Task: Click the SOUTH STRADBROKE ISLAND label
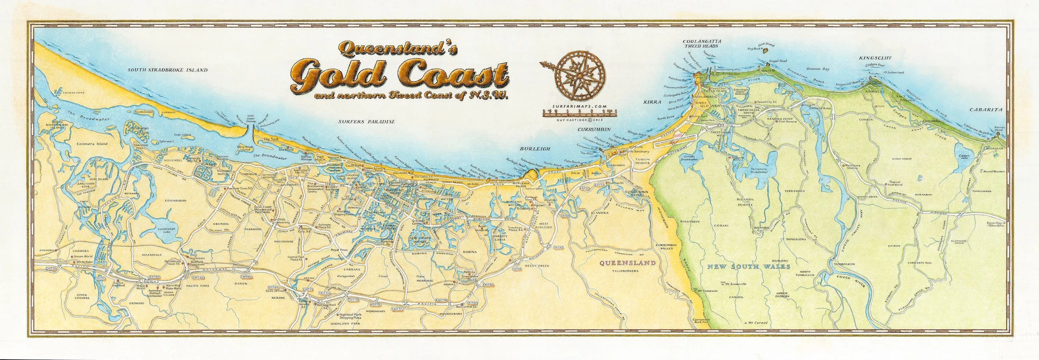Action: (x=167, y=70)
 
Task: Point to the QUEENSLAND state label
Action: (x=628, y=263)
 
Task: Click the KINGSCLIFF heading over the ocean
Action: (x=875, y=58)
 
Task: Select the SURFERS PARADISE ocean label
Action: (x=366, y=122)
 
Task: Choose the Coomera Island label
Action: (x=92, y=143)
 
